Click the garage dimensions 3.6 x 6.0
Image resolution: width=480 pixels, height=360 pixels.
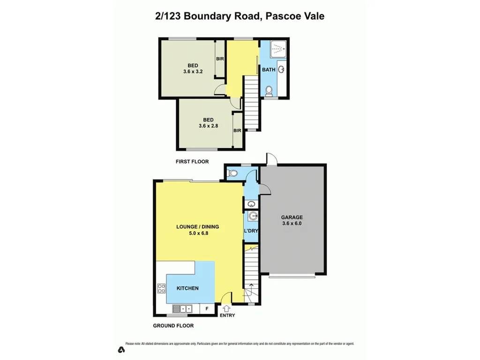292,224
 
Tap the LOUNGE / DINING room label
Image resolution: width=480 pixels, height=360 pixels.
197,227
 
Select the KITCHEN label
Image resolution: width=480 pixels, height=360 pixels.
187,288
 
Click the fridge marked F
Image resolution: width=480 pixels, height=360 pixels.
207,309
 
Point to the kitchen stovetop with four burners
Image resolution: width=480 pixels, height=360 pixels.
162,288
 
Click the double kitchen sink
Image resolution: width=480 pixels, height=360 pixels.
182,309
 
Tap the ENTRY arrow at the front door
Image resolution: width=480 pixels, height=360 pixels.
226,308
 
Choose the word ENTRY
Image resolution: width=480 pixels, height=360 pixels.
227,315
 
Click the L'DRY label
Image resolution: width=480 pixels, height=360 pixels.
251,231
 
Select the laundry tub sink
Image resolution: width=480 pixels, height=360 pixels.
253,216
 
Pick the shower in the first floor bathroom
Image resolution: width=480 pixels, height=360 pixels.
279,48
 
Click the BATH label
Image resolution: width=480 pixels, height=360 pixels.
269,70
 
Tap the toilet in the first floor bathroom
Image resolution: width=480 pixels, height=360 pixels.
269,90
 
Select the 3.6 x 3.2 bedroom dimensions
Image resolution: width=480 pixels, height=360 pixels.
193,72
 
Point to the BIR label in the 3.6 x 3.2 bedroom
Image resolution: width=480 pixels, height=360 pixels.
220,59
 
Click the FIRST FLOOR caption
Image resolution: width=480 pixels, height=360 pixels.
192,162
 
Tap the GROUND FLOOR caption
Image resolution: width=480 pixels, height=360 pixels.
173,325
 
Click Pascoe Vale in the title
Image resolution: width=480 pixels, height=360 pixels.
295,16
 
